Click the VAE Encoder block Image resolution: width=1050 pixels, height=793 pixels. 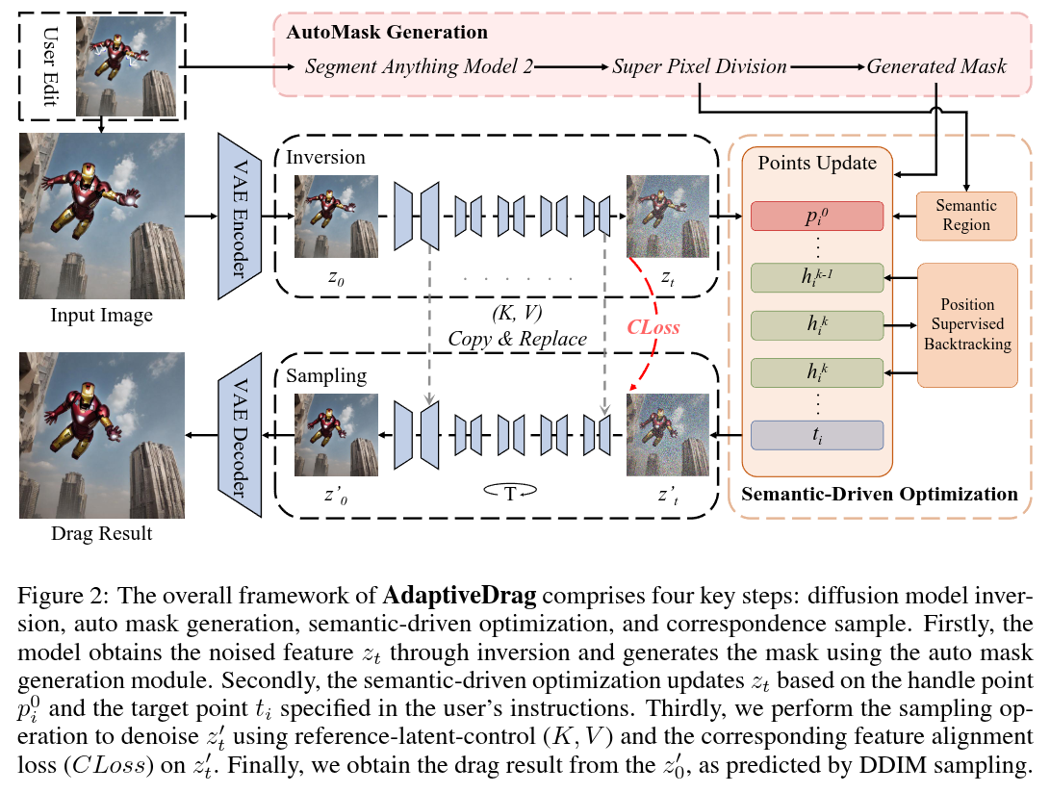click(x=239, y=217)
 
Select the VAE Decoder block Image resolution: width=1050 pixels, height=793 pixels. click(x=239, y=435)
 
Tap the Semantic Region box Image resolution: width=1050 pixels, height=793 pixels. click(x=965, y=216)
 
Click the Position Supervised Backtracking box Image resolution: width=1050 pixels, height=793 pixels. click(x=967, y=325)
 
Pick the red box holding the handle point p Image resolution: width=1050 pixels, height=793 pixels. click(x=817, y=217)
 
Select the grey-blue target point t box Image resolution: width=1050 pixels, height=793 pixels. click(x=817, y=435)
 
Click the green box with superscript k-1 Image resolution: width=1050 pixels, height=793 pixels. click(x=817, y=277)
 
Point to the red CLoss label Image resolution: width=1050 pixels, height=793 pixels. click(x=653, y=327)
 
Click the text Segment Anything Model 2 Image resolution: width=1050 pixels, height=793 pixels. click(x=420, y=66)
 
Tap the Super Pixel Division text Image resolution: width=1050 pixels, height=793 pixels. click(x=699, y=66)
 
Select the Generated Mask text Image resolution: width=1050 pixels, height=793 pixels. click(x=936, y=66)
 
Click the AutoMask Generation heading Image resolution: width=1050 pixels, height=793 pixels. click(x=387, y=32)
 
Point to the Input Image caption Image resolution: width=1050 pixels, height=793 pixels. click(x=102, y=315)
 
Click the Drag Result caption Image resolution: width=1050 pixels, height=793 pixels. click(x=102, y=533)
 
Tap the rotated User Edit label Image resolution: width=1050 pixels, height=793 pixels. click(x=50, y=66)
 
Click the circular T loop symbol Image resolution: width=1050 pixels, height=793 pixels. click(x=510, y=494)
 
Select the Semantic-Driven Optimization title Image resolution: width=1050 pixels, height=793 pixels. click(x=880, y=495)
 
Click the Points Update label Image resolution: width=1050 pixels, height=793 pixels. click(x=817, y=163)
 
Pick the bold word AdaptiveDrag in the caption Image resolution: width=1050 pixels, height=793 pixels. click(x=459, y=596)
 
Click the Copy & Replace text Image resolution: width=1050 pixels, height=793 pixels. click(x=518, y=339)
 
